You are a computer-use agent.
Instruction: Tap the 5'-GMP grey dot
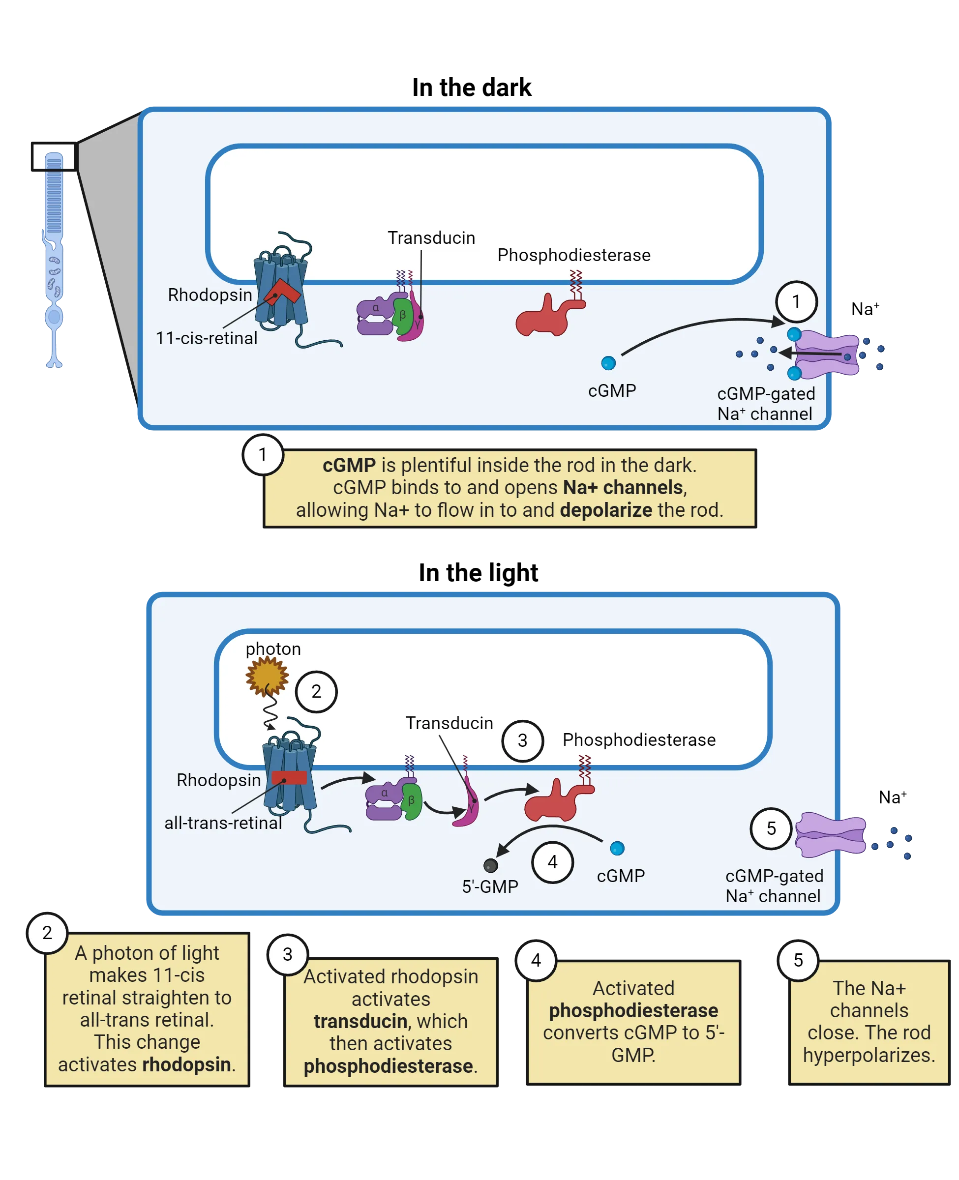point(490,865)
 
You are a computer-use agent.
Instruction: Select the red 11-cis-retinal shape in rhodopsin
point(282,292)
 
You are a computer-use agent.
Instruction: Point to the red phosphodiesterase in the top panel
point(548,317)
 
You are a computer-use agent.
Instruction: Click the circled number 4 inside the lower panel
point(552,862)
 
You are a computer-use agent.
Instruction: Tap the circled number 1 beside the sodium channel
point(796,301)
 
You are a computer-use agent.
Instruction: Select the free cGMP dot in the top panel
point(608,363)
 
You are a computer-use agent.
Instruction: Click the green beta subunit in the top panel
point(403,316)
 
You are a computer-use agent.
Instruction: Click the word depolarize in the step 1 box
point(606,510)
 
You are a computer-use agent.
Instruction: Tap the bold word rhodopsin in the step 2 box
point(187,1064)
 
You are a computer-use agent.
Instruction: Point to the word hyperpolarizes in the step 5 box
point(869,1055)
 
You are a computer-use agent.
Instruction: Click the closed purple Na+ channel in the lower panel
point(830,834)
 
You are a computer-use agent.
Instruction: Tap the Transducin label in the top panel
point(431,238)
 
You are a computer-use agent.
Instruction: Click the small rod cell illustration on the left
point(54,260)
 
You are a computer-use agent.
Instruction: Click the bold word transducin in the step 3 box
point(360,1022)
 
